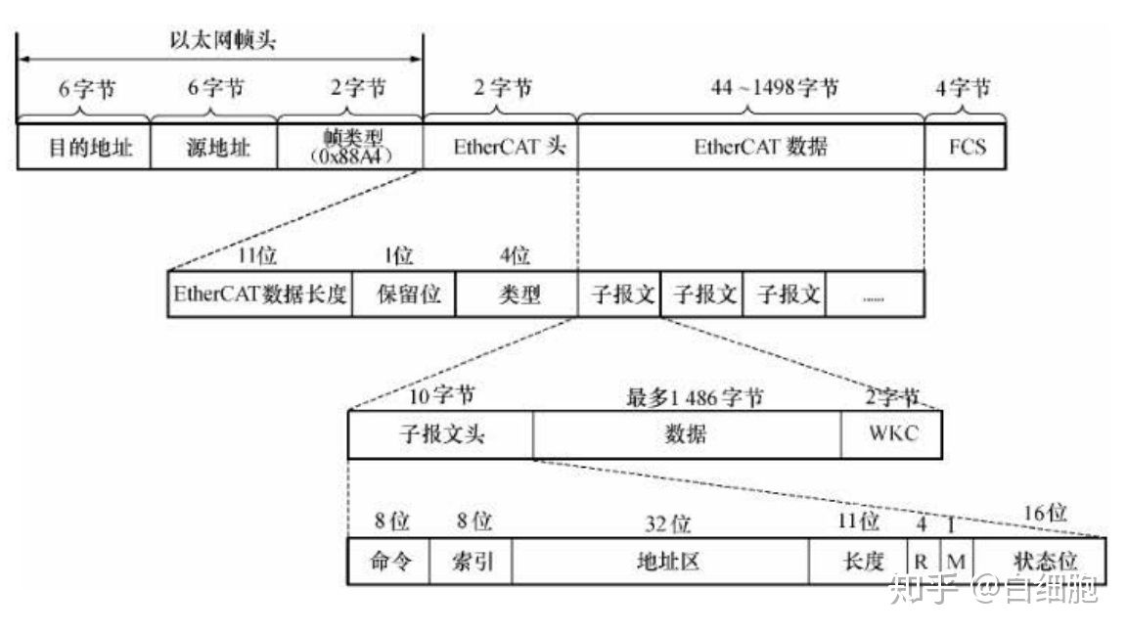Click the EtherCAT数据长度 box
pyautogui.click(x=260, y=294)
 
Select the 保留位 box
pyautogui.click(x=403, y=294)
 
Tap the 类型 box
pyautogui.click(x=517, y=294)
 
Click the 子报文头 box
pyautogui.click(x=440, y=434)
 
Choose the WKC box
pyautogui.click(x=892, y=434)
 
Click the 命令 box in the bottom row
pyautogui.click(x=388, y=562)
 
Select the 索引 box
pyautogui.click(x=471, y=562)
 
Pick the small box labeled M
pyautogui.click(x=956, y=562)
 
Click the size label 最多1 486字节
pyautogui.click(x=695, y=397)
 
